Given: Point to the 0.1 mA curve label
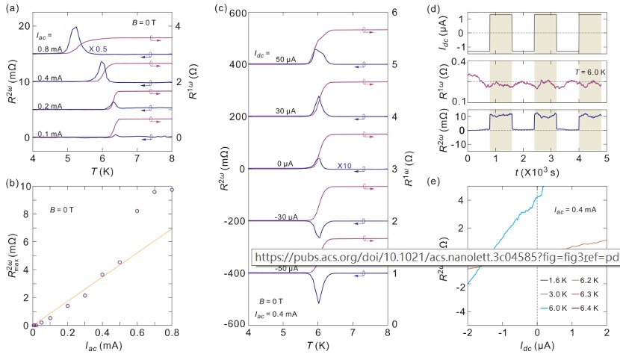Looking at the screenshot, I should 52,134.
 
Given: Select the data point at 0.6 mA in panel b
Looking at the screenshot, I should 137,211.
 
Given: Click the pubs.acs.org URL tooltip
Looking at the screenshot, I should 435,256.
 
